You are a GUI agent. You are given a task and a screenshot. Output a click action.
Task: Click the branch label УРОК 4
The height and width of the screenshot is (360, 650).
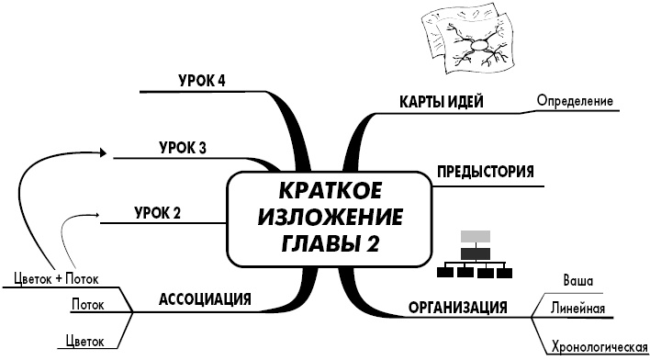pyautogui.click(x=202, y=81)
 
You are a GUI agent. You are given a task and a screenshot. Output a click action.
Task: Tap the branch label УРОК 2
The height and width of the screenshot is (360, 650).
pyautogui.click(x=157, y=214)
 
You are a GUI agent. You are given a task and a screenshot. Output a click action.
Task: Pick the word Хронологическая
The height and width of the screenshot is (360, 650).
pyautogui.click(x=594, y=348)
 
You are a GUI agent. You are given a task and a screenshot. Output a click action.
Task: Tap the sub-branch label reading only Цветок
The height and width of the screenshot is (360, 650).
pyautogui.click(x=84, y=343)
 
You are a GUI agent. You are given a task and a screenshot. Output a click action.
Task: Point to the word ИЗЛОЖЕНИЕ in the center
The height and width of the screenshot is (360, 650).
pyautogui.click(x=330, y=219)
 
